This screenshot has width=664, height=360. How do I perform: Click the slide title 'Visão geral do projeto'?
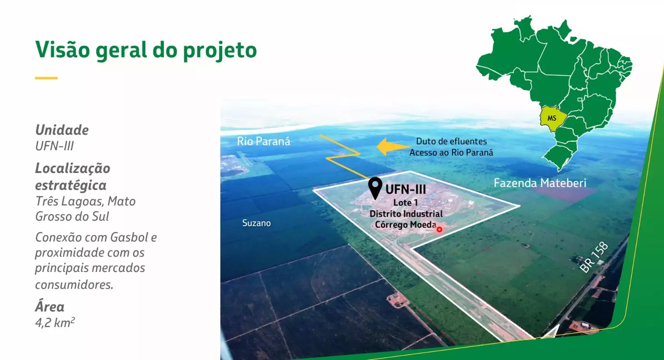[146, 50]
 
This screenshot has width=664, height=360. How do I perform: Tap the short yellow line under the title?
[46, 78]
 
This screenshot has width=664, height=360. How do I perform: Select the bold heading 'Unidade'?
[62, 130]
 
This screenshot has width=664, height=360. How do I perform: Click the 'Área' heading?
[49, 306]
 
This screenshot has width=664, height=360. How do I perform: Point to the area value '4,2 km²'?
[55, 323]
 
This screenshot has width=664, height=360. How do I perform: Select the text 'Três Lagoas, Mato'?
[85, 201]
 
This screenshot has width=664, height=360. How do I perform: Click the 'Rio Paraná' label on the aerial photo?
[264, 141]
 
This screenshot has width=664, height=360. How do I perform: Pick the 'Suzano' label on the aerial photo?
[256, 223]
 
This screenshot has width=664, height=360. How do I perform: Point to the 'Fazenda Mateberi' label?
[540, 183]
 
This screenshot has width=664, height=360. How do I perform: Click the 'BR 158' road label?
[594, 257]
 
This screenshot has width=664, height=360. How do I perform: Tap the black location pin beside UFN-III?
[375, 188]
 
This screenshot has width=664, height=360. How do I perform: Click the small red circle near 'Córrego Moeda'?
[439, 230]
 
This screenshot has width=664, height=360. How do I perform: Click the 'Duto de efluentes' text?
[452, 141]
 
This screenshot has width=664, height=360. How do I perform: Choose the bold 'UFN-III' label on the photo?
[405, 189]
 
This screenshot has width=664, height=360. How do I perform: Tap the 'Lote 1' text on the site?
[405, 202]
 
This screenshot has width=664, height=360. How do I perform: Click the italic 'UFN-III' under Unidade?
[54, 146]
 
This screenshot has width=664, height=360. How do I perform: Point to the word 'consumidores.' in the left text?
[74, 285]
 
